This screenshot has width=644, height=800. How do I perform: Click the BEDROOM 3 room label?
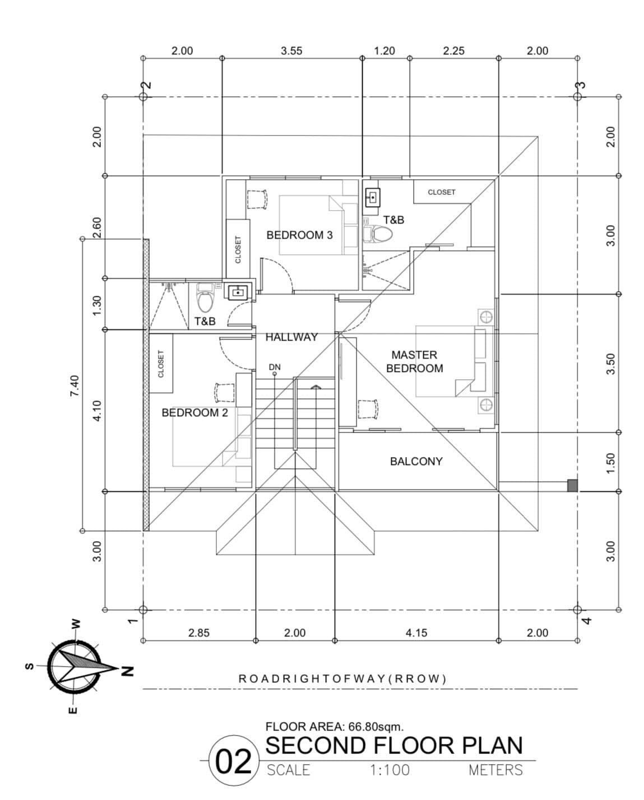click(299, 235)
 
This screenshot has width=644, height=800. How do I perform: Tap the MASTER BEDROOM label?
click(414, 362)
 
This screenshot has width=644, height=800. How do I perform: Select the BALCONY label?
click(416, 462)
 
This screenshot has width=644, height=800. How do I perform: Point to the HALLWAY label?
click(291, 337)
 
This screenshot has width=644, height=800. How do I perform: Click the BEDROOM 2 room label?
click(194, 413)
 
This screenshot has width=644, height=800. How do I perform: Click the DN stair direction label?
click(274, 368)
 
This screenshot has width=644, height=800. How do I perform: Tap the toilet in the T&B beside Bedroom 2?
click(205, 299)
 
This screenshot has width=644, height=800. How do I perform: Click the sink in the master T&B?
click(373, 197)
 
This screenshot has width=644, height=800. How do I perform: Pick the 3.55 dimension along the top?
click(291, 51)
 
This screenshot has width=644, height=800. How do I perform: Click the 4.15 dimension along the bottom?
click(416, 633)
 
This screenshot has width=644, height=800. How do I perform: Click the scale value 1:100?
click(390, 770)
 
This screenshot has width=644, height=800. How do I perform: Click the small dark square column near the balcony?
click(572, 485)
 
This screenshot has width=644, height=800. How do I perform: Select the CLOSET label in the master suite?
click(441, 192)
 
